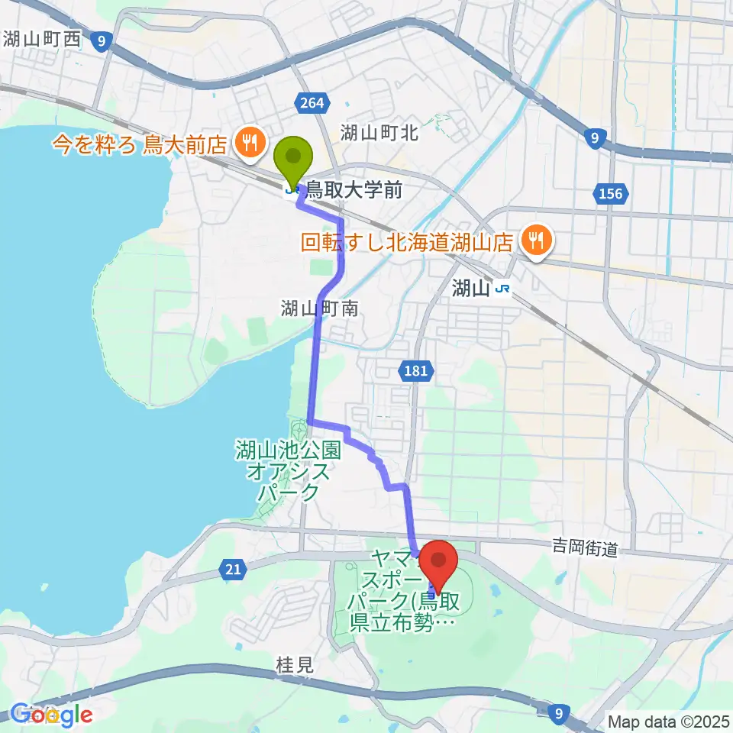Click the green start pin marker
pyautogui.click(x=294, y=158)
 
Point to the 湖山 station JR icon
pyautogui.click(x=502, y=288)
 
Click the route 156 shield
pyautogui.click(x=610, y=194)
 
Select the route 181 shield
pyautogui.click(x=410, y=370)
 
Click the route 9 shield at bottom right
pyautogui.click(x=560, y=712)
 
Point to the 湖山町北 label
pyautogui.click(x=379, y=132)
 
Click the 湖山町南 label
pyautogui.click(x=318, y=308)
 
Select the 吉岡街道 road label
pyautogui.click(x=584, y=546)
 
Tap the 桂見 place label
pyautogui.click(x=294, y=665)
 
